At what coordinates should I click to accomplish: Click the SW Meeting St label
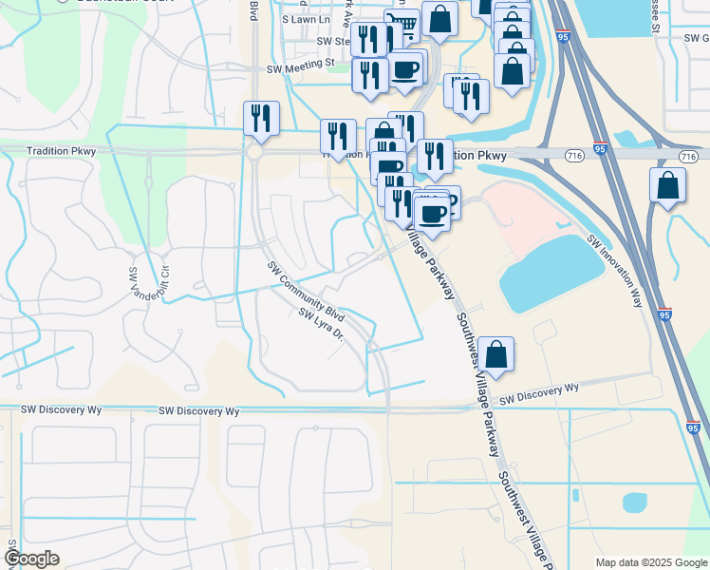tap(302, 67)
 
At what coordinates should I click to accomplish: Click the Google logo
tap(31, 559)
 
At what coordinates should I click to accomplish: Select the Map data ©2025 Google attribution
tap(650, 562)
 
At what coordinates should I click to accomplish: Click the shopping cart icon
tap(403, 26)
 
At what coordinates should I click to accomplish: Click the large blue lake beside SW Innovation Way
tap(551, 273)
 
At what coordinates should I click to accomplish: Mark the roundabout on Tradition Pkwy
tap(254, 152)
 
